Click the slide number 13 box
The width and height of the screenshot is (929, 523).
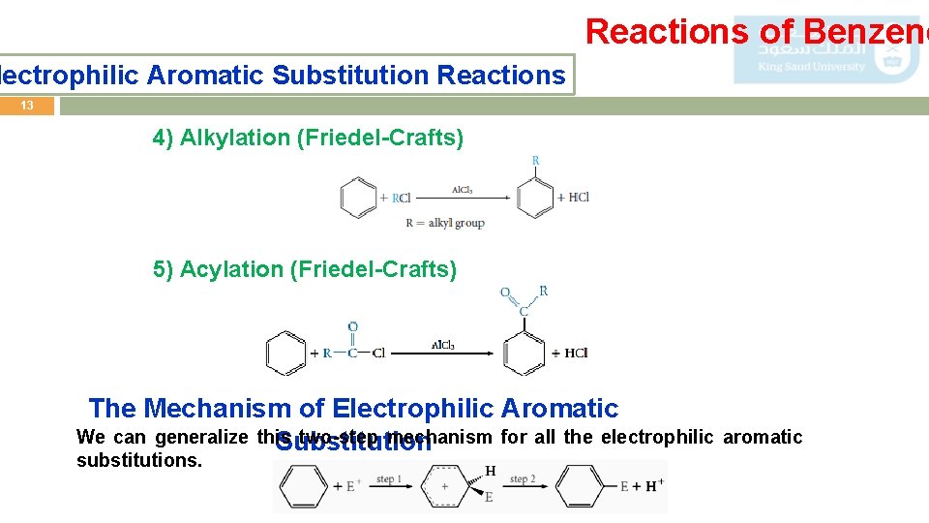pyautogui.click(x=27, y=106)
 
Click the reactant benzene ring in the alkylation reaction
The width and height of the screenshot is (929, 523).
pyautogui.click(x=357, y=198)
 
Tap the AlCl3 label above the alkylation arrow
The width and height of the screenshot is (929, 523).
pyautogui.click(x=462, y=190)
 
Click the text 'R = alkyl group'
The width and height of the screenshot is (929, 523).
pyautogui.click(x=445, y=223)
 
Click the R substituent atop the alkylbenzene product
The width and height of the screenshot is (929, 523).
pyautogui.click(x=535, y=161)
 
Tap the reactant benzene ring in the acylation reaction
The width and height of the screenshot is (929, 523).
pyautogui.click(x=285, y=354)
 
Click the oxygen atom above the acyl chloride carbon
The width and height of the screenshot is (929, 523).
pyautogui.click(x=353, y=326)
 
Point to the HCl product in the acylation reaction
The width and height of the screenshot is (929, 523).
pyautogui.click(x=575, y=354)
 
